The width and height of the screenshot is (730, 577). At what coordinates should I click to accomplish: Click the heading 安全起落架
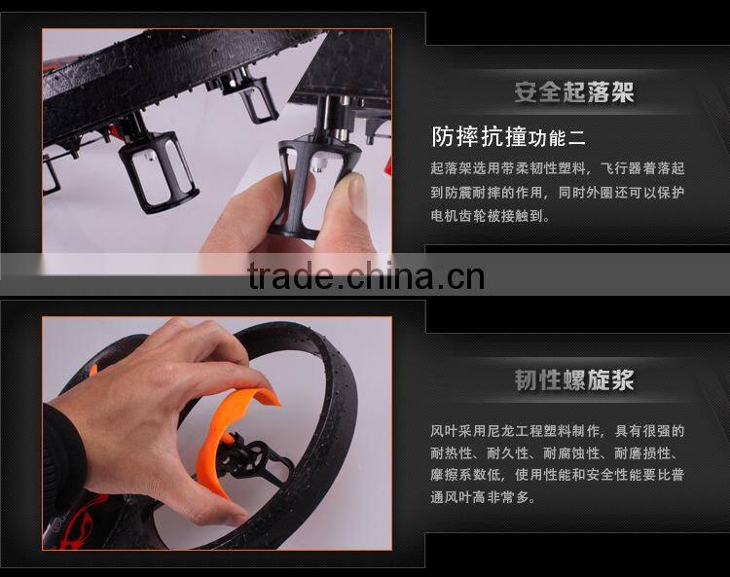click(574, 92)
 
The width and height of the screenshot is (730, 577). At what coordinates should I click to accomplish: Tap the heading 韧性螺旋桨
click(574, 379)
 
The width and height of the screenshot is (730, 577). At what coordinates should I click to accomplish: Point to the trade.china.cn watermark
click(366, 276)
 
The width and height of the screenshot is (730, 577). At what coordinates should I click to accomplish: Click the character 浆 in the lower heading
click(622, 379)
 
